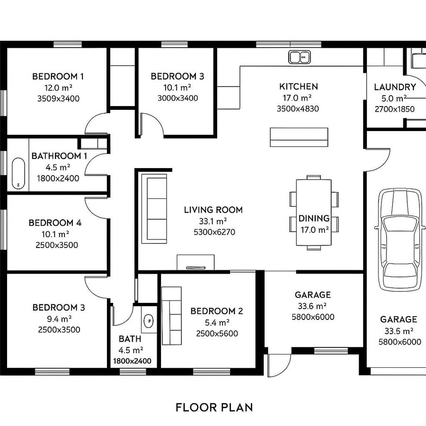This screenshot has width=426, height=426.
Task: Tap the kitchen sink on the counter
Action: click(299, 57)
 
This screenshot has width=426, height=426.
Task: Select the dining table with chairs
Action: click(314, 213)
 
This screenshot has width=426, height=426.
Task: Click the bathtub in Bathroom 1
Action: click(18, 173)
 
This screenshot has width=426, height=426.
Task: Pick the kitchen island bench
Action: click(299, 137)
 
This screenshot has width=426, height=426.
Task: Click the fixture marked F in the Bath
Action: click(150, 320)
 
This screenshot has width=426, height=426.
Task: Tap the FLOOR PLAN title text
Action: click(214, 407)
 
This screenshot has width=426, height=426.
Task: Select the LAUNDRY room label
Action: click(395, 87)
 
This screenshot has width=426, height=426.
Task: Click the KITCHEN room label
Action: click(298, 87)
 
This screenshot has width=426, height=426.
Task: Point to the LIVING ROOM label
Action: click(213, 210)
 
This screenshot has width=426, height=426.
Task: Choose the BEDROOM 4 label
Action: click(55, 222)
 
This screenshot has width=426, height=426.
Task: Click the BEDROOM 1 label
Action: click(58, 76)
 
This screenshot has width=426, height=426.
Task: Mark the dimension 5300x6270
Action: click(214, 232)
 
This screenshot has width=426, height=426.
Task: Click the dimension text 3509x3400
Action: click(58, 98)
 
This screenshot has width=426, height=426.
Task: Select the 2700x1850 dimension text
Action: click(394, 109)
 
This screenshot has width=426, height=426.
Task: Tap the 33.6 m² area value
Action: click(312, 306)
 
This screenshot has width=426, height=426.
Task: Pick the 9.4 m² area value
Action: click(59, 319)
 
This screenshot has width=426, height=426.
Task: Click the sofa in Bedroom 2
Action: click(171, 315)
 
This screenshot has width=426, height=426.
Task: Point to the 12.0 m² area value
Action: click(58, 88)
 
